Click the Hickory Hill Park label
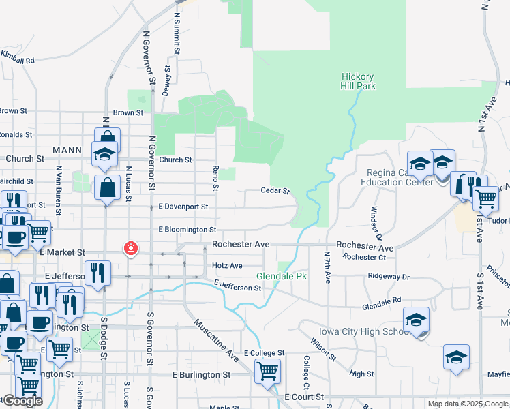pos(358,82)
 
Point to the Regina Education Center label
pos(400,177)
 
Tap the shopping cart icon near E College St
pos(267,371)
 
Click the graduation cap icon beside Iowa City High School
pos(416,320)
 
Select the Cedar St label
pos(276,192)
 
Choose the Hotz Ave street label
pos(227,265)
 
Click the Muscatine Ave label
pos(215,340)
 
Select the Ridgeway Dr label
pos(389,277)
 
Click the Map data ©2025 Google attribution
pos(468,404)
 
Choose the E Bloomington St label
pos(187,230)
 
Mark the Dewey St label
pos(166,81)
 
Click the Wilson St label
pos(322,348)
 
